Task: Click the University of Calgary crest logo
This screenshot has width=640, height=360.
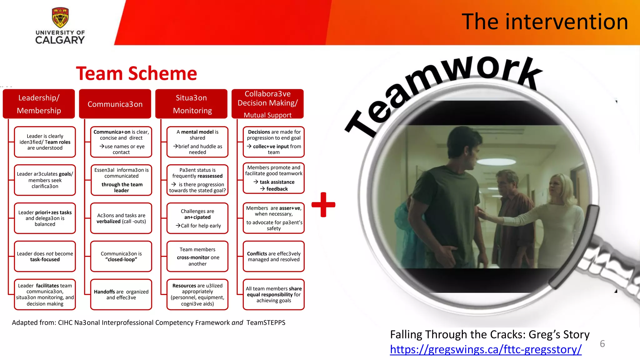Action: [x=60, y=18]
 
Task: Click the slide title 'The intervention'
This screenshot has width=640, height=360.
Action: [x=544, y=22]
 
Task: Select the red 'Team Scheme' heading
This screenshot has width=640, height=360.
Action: [x=136, y=74]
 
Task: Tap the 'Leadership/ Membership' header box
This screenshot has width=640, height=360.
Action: [x=39, y=104]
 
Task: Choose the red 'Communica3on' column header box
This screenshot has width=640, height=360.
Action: [x=115, y=104]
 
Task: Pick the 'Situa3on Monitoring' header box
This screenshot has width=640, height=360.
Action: [x=191, y=104]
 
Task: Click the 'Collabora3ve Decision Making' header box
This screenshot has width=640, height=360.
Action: [x=267, y=104]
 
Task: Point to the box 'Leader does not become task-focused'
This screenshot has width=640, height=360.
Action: [x=45, y=257]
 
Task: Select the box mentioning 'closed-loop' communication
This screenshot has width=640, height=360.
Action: [x=121, y=257]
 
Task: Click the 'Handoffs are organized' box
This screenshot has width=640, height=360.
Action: [x=121, y=295]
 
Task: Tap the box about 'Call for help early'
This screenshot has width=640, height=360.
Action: [x=197, y=218]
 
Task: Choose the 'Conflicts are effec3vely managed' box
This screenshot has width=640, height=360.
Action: [x=274, y=257]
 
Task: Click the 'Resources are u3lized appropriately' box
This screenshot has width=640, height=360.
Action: [x=197, y=295]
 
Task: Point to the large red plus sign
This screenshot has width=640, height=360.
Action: [x=323, y=205]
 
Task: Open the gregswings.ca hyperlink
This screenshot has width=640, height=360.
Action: [x=486, y=349]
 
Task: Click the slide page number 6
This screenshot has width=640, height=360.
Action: [x=602, y=344]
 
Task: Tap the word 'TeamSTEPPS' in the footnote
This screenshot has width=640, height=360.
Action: [x=266, y=323]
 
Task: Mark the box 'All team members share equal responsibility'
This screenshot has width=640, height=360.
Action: [x=274, y=295]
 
